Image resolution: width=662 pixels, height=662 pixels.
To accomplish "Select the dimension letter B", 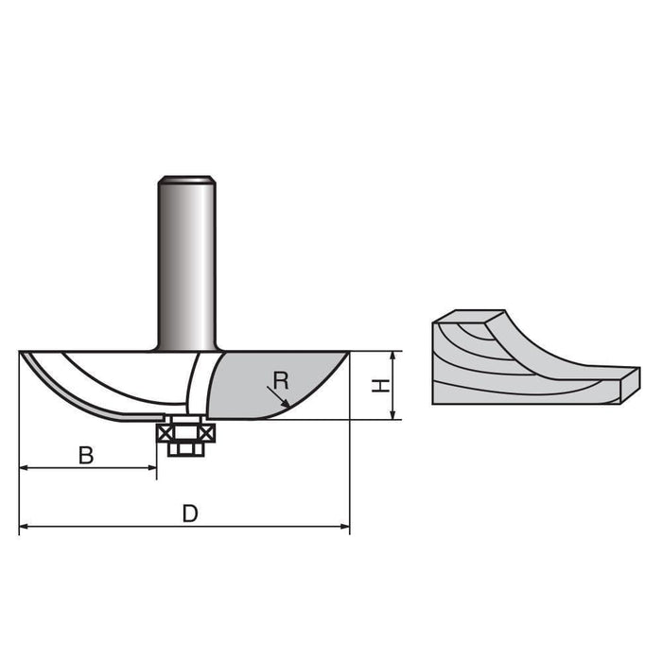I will (x=86, y=455).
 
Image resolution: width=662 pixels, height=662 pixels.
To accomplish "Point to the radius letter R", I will (x=280, y=380).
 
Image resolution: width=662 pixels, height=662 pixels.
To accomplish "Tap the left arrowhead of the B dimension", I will (x=24, y=468).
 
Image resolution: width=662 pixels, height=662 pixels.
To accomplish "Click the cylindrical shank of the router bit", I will (x=187, y=265).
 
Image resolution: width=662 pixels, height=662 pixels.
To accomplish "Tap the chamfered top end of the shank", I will (x=187, y=179).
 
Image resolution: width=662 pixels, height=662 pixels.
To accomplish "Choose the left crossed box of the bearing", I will (x=169, y=432).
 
